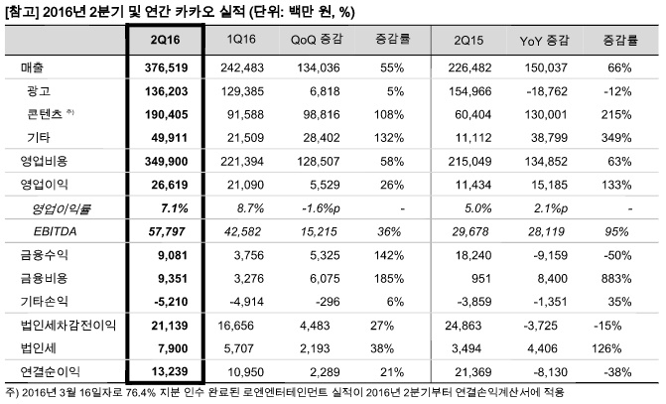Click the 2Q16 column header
coord(166,40)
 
